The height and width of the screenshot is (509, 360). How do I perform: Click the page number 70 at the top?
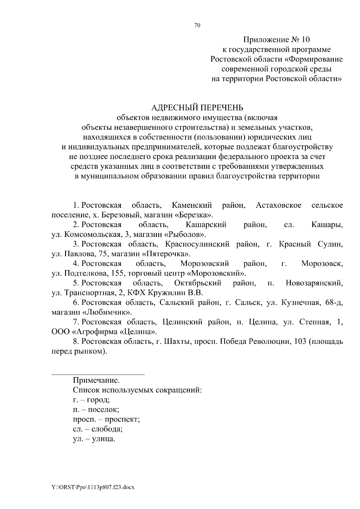[x=197, y=25]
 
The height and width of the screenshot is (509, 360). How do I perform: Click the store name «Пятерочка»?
[x=168, y=254]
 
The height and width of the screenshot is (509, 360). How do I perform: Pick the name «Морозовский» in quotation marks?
[x=217, y=273]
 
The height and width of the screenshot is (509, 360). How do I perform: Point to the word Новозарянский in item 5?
[x=314, y=283]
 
